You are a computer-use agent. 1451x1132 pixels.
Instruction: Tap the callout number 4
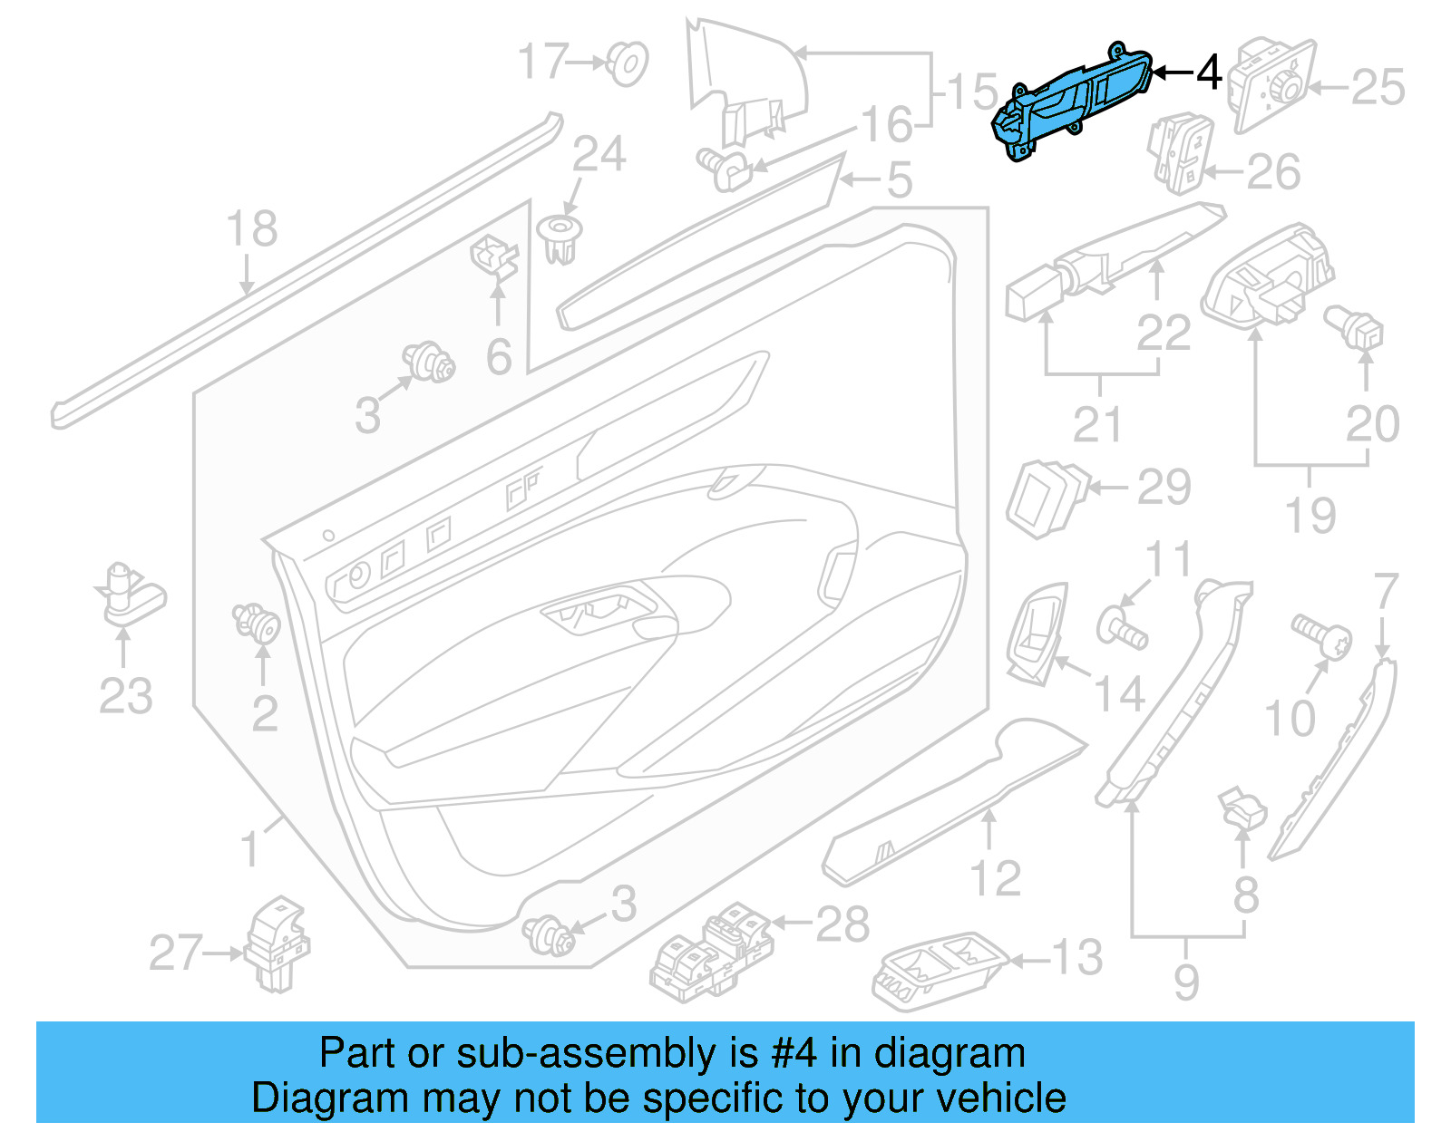pos(1208,73)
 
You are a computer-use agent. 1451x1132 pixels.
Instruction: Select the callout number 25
pos(1378,88)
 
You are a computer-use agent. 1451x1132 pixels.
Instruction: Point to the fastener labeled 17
pos(626,63)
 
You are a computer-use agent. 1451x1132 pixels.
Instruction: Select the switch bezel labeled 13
pos(940,970)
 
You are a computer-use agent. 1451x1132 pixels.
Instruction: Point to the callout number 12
pos(995,878)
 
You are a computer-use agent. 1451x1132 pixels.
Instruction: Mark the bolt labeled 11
pos(1122,627)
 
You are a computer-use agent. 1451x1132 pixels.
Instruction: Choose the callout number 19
pos(1310,516)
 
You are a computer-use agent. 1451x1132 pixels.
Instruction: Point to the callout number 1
pos(249,849)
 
